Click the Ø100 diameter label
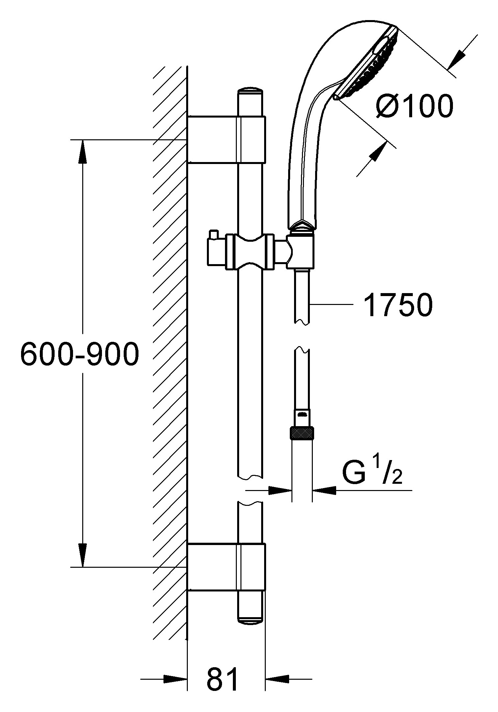[415, 106]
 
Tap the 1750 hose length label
[399, 306]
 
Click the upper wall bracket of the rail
[226, 139]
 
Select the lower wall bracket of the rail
[226, 567]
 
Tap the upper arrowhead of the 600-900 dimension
[83, 151]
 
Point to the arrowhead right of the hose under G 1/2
[324, 490]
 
